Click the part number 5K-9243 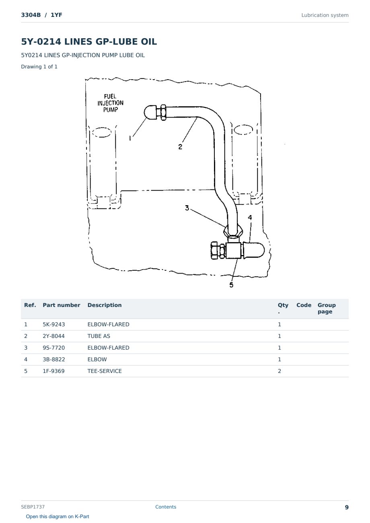pyautogui.click(x=54, y=324)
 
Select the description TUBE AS pyautogui.click(x=99, y=336)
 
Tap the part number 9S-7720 pyautogui.click(x=54, y=348)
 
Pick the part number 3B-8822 pyautogui.click(x=54, y=359)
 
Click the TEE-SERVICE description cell pyautogui.click(x=105, y=371)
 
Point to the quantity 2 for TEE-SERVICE pyautogui.click(x=280, y=371)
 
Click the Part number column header pyautogui.click(x=62, y=305)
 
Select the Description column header pyautogui.click(x=105, y=305)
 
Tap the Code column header pyautogui.click(x=304, y=305)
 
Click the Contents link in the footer pyautogui.click(x=166, y=507)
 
